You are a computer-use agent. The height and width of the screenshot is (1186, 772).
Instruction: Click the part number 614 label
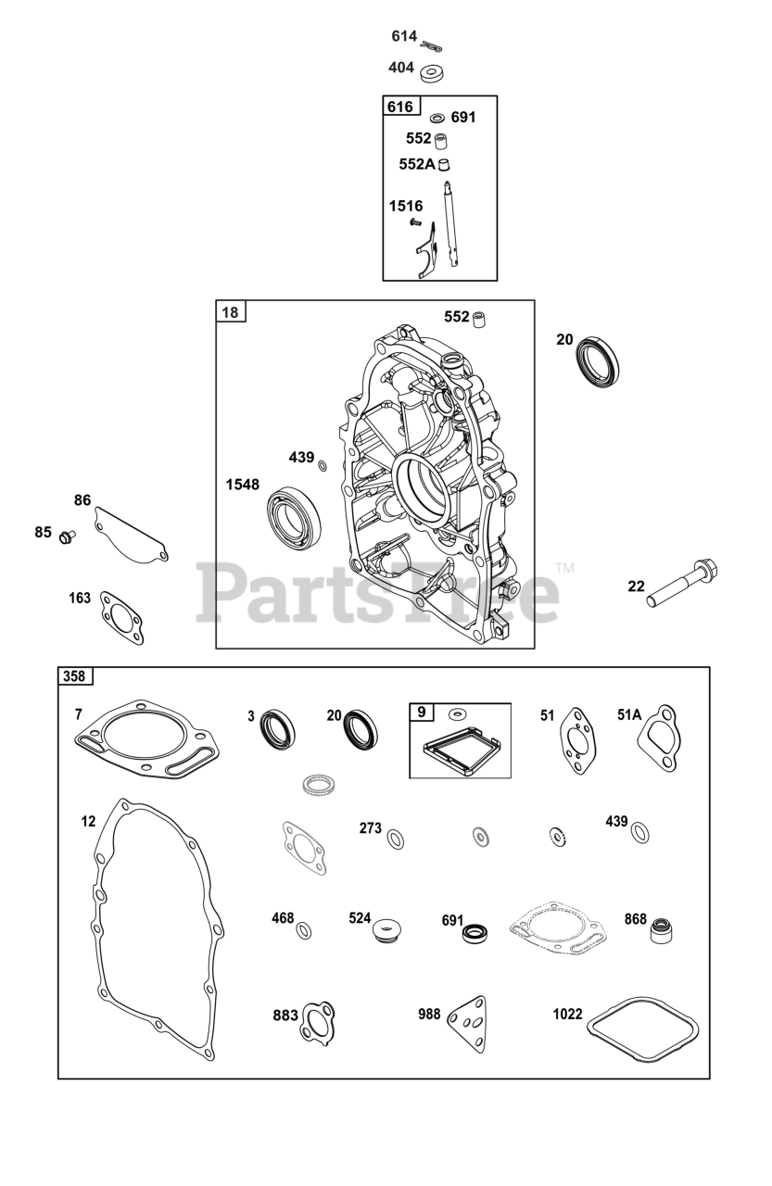pos(404,36)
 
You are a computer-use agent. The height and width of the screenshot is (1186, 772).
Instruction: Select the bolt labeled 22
pos(686,583)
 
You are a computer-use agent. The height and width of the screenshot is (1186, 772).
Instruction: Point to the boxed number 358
pos(74,676)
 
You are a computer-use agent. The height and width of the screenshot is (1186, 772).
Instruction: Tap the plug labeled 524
pos(386,927)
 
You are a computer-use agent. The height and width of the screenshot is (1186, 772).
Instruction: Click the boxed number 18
pos(230,312)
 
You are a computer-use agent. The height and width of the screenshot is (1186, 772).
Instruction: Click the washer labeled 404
pos(433,71)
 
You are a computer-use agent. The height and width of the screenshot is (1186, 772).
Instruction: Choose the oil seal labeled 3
pos(275,727)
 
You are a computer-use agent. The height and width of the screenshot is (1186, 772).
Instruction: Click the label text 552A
pos(417,164)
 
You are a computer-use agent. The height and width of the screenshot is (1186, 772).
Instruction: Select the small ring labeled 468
pos(304,929)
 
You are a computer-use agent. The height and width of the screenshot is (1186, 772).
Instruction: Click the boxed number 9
pos(422,713)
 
